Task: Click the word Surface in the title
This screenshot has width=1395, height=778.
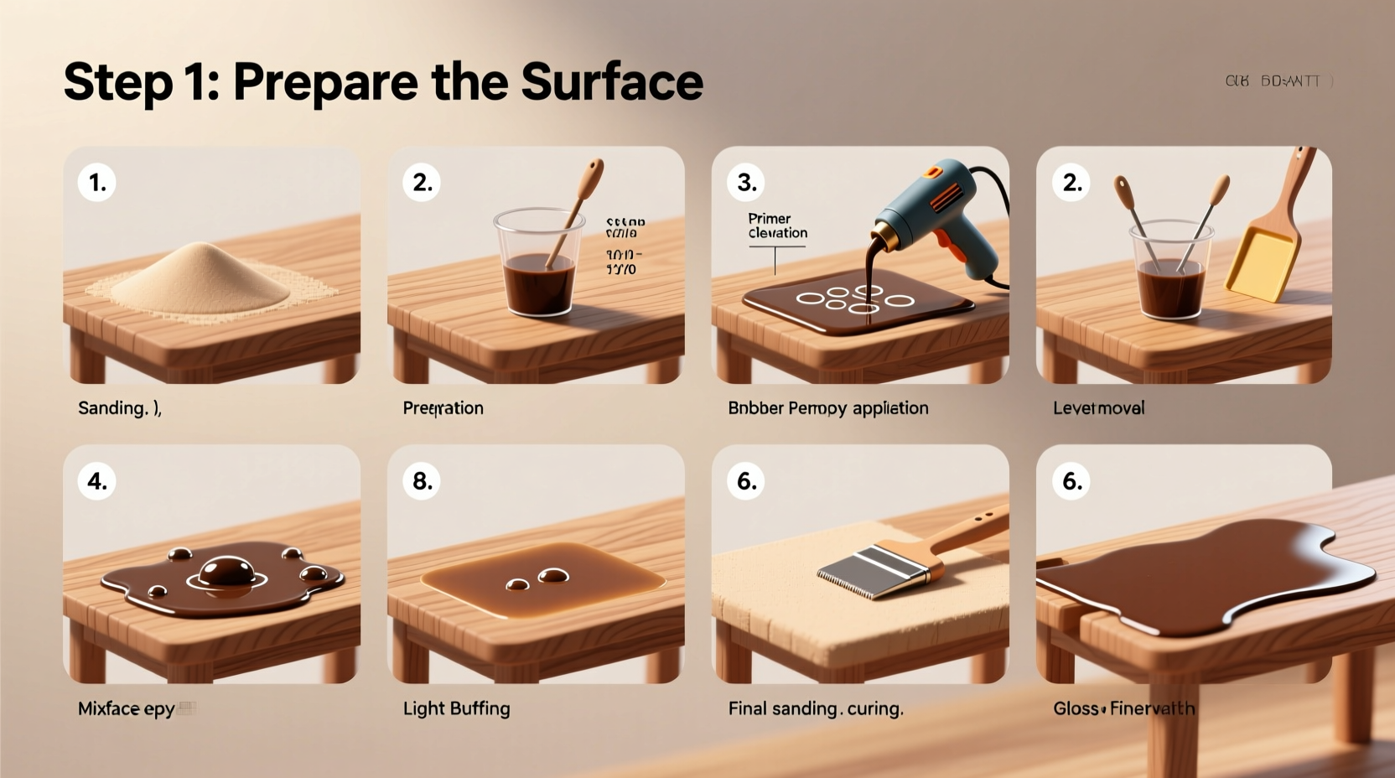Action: (611, 81)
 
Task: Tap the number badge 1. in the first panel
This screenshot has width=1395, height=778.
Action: (97, 183)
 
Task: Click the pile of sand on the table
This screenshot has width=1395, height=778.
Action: (202, 277)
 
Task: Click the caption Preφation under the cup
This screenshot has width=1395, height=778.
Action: (443, 408)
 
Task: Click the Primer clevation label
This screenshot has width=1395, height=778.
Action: (777, 226)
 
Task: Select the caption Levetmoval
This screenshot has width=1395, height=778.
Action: (1098, 408)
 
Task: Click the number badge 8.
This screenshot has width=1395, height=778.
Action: (422, 481)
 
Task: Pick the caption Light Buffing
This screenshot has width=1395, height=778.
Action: (456, 708)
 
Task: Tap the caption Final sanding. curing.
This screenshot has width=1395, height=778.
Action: (815, 708)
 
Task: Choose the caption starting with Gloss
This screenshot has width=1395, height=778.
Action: (1123, 708)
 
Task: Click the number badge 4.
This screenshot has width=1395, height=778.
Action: (97, 481)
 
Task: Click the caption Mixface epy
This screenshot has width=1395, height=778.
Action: (127, 708)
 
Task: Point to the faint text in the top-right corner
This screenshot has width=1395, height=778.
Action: (1278, 81)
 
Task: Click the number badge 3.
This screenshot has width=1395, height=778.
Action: (746, 183)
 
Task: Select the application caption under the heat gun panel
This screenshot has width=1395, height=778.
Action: (827, 408)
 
